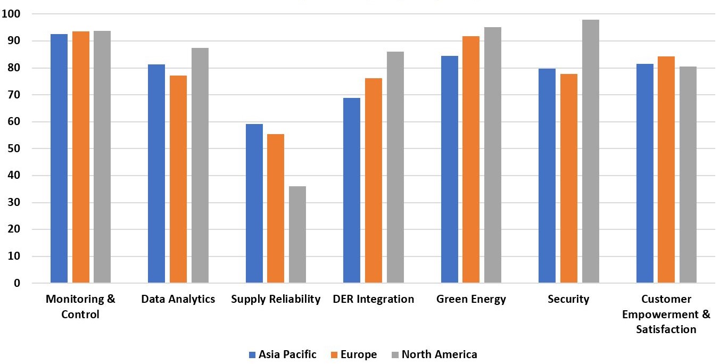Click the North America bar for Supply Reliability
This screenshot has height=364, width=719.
point(297,235)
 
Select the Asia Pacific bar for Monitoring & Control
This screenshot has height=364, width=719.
point(59,159)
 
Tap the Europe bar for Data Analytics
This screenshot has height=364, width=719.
point(178,179)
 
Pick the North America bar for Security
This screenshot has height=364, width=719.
point(590,151)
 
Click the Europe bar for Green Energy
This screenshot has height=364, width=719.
point(471,160)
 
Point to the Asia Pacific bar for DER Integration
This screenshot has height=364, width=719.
point(352,191)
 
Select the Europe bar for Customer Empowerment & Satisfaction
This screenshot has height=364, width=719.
point(666,170)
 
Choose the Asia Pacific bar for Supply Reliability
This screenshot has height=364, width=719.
point(254,203)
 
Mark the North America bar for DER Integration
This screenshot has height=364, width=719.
point(395,167)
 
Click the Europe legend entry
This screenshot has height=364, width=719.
point(353,354)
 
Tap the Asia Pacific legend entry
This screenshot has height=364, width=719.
point(282,354)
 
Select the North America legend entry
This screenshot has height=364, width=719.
point(434,354)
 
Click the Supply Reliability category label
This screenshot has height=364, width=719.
point(276,299)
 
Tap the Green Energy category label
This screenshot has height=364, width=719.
point(471,299)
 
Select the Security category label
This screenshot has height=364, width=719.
point(568,299)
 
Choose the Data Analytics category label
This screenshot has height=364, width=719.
point(178,299)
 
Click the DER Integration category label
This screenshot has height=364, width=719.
point(373,299)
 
